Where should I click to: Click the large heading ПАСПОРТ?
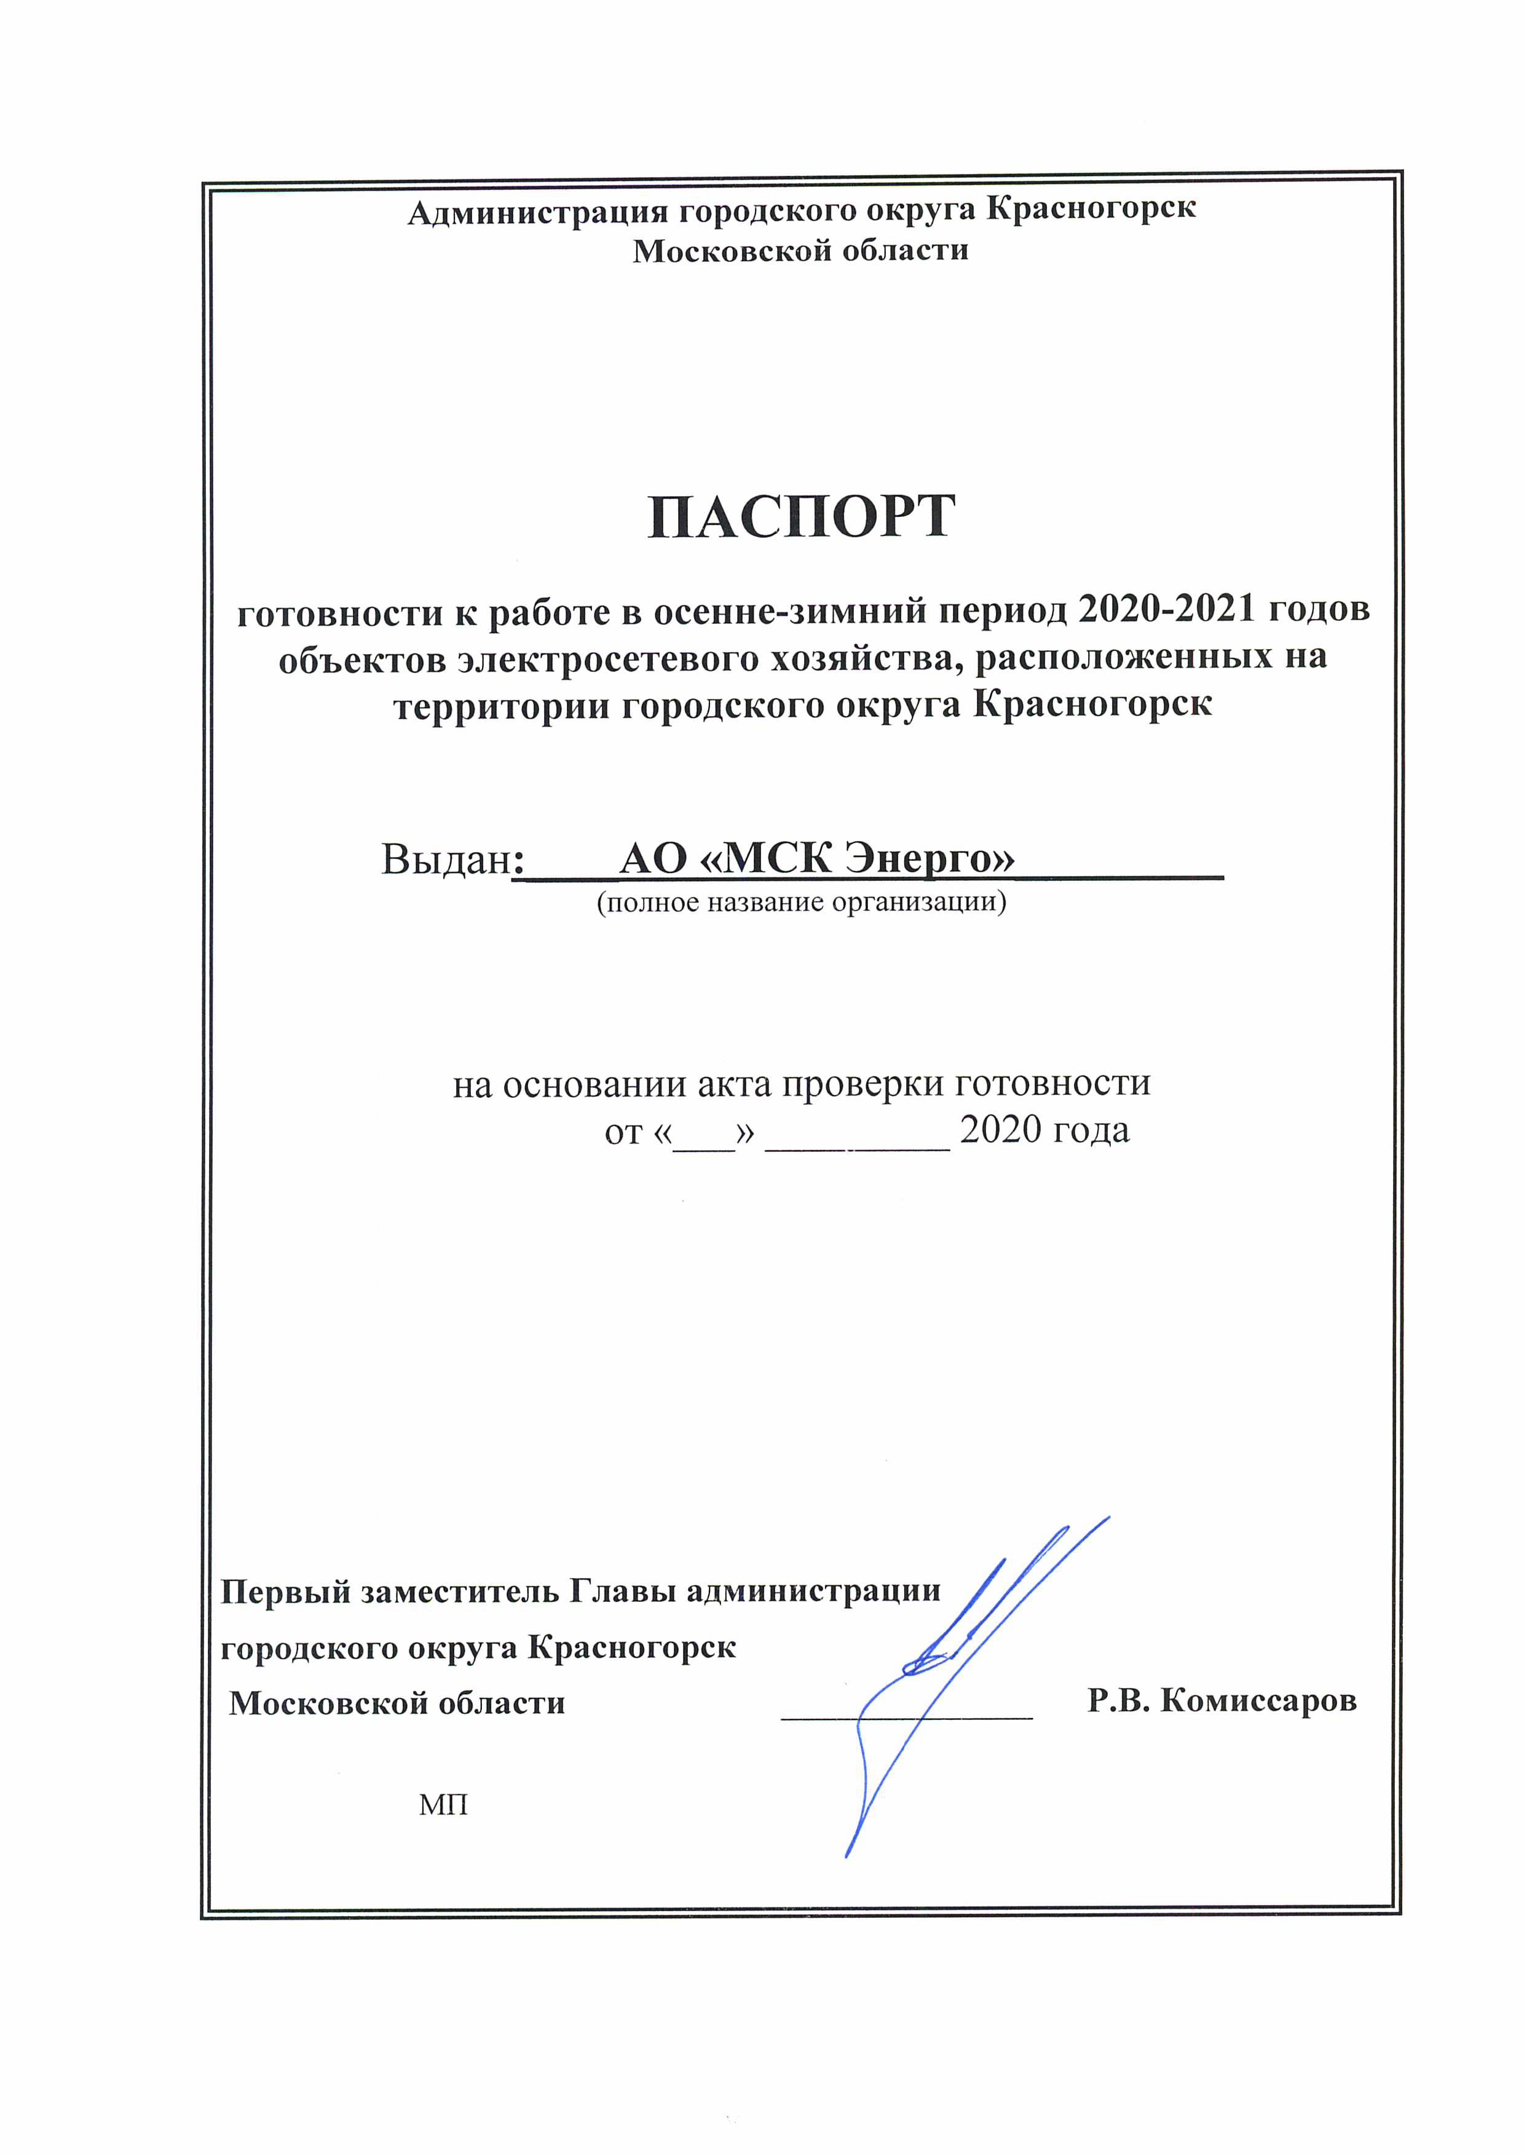802,517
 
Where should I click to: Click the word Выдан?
445,858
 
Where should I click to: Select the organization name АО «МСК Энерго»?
816,858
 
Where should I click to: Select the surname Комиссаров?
1257,1700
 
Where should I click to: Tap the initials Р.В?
1119,1700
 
